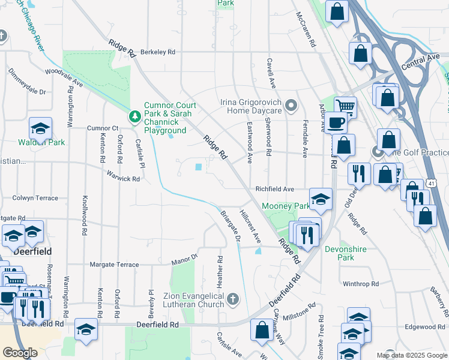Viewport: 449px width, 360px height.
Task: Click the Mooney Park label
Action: (x=285, y=206)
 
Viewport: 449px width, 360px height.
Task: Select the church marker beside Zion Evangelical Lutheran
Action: (x=233, y=298)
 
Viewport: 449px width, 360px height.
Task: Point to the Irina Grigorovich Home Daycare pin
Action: (x=292, y=106)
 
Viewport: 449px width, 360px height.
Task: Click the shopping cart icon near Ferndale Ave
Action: (x=345, y=106)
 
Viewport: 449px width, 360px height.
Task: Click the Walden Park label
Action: (x=41, y=143)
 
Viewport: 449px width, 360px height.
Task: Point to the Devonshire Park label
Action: (x=339, y=253)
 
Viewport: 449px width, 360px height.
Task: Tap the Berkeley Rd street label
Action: (x=158, y=52)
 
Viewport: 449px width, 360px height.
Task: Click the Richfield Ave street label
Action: (x=274, y=189)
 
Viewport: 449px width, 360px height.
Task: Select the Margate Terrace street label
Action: (x=114, y=265)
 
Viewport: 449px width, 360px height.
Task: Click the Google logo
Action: (x=20, y=353)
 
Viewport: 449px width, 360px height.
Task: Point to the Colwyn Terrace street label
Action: (x=35, y=198)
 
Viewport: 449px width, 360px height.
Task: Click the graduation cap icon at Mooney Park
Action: (x=321, y=199)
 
